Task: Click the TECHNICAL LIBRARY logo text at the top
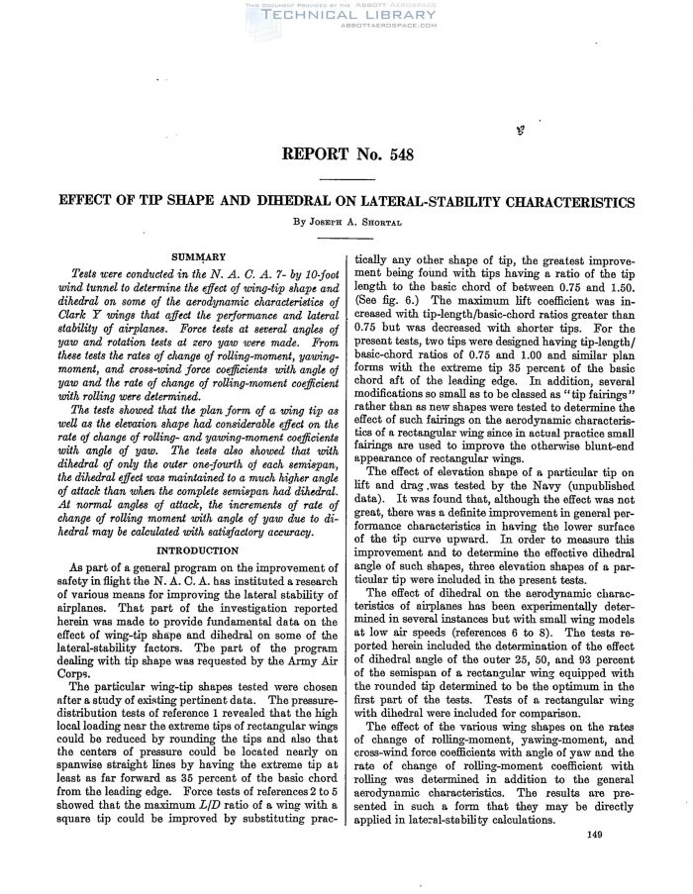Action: pyautogui.click(x=346, y=18)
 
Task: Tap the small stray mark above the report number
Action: pyautogui.click(x=520, y=129)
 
